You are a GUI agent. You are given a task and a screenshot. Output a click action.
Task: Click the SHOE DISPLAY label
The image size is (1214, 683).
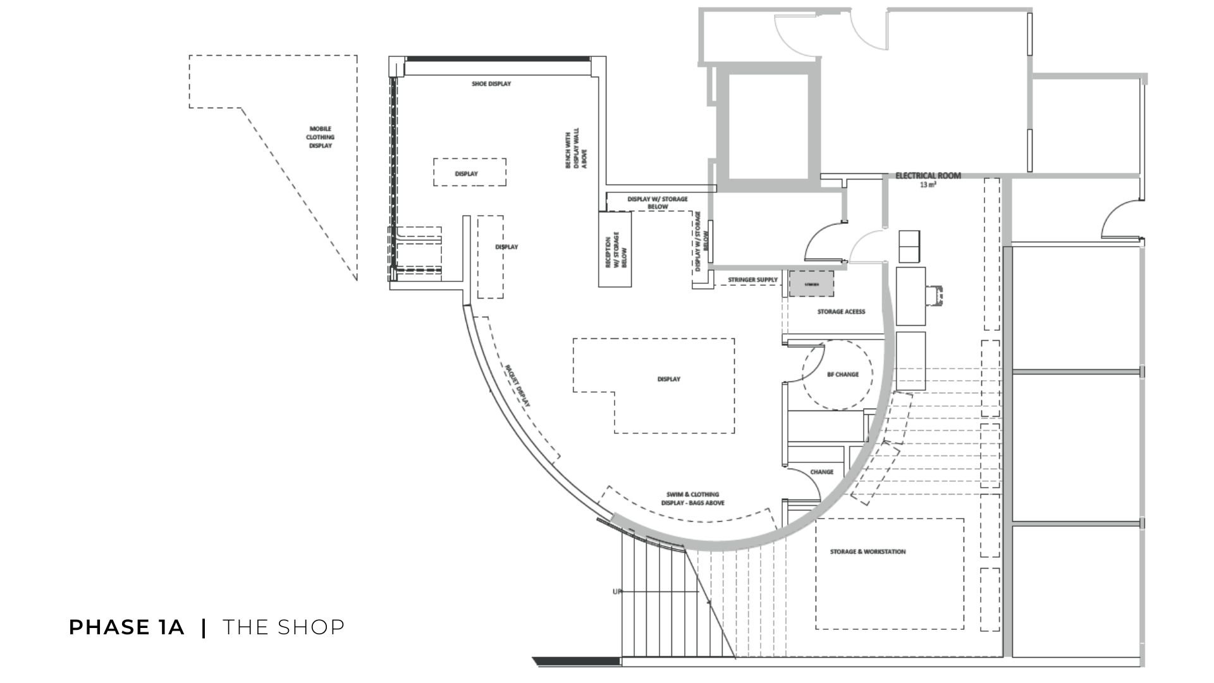pyautogui.click(x=491, y=83)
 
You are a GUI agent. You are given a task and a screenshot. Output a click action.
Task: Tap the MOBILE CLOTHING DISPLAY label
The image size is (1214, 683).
pyautogui.click(x=321, y=137)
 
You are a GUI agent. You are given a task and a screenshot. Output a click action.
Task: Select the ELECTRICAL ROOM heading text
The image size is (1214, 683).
pyautogui.click(x=928, y=176)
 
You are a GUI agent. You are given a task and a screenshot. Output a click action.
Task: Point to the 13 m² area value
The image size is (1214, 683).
pyautogui.click(x=928, y=185)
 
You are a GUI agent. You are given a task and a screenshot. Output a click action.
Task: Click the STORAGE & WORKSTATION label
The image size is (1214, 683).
pyautogui.click(x=868, y=552)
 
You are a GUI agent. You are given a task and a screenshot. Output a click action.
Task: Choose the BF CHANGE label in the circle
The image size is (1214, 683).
pyautogui.click(x=843, y=374)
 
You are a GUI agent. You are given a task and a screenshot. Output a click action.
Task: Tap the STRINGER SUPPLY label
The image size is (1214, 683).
pyautogui.click(x=752, y=280)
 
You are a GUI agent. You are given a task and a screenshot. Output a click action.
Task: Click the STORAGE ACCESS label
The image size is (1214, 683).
pyautogui.click(x=841, y=312)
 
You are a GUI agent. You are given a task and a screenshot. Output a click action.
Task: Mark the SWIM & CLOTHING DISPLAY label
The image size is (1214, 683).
pyautogui.click(x=692, y=498)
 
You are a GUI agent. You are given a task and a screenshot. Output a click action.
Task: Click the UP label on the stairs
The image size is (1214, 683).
pyautogui.click(x=616, y=592)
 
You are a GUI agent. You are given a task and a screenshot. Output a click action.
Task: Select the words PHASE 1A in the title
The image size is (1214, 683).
pyautogui.click(x=126, y=627)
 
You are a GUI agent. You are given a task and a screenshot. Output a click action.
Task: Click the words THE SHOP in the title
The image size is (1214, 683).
pyautogui.click(x=284, y=627)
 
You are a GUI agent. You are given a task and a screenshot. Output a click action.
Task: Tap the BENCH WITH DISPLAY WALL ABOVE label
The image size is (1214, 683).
pyautogui.click(x=576, y=149)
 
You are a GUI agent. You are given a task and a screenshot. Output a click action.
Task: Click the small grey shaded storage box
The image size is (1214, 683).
pyautogui.click(x=811, y=285)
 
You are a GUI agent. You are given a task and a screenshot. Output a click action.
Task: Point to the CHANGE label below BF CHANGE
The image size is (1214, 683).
pyautogui.click(x=821, y=472)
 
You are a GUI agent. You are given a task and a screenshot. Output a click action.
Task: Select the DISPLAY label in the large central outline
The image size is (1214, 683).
pyautogui.click(x=668, y=379)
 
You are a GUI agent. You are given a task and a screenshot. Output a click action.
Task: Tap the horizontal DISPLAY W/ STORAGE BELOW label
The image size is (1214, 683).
pyautogui.click(x=658, y=203)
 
